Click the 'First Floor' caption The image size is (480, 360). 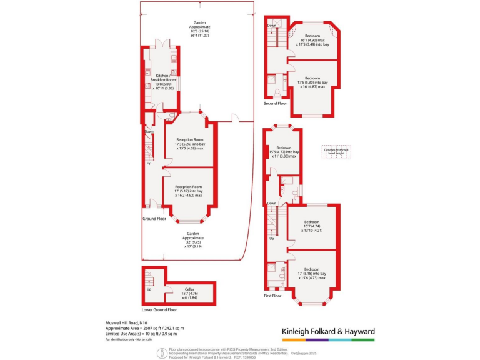point(272,296)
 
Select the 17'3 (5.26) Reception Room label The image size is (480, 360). point(190,144)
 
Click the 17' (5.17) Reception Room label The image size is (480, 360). point(189,191)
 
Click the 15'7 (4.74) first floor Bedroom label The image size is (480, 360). point(312,226)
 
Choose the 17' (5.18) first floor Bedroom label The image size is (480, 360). point(312,274)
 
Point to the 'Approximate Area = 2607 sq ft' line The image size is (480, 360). point(144,328)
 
